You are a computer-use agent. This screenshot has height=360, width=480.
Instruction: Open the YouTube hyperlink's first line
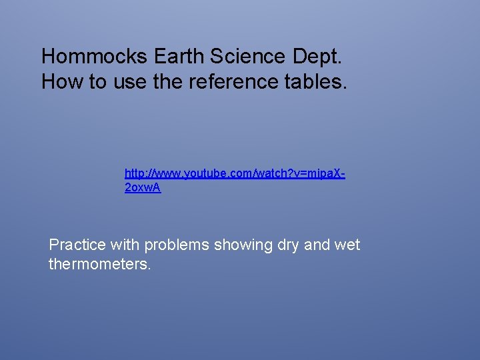tap(234, 174)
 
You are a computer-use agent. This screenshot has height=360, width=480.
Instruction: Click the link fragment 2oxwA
tap(143, 189)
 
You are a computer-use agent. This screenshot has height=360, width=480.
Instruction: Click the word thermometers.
tap(100, 265)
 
